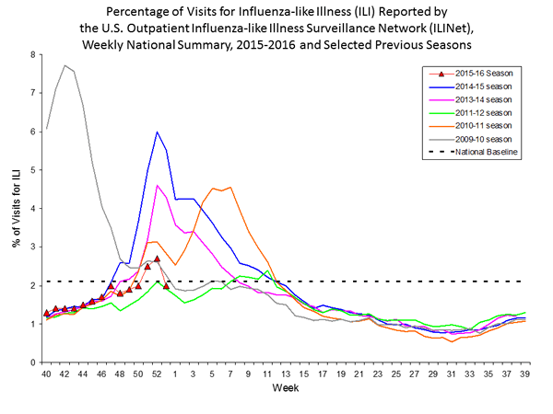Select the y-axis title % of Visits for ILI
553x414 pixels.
(16, 209)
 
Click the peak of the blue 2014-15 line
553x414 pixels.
(157, 132)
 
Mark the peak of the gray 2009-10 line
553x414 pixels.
(65, 65)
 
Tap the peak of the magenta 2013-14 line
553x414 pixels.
(157, 185)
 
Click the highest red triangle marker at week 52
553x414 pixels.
(157, 259)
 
